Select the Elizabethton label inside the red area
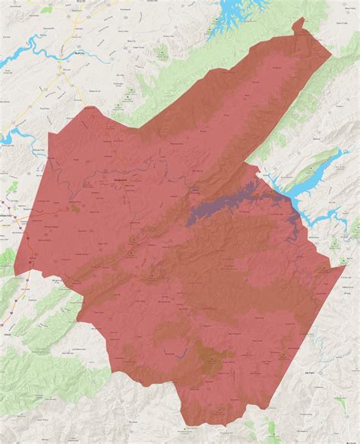[119, 175]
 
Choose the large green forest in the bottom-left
[38, 379]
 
